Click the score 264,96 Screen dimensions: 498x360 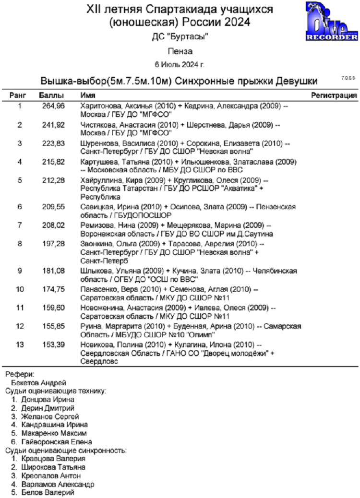(54, 106)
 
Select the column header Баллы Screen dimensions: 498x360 (50, 95)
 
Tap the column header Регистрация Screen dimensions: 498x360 (334, 95)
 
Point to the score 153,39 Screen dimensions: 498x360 (54, 345)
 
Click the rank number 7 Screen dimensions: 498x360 (20, 225)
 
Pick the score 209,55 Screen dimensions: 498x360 (54, 207)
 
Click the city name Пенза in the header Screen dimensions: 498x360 (180, 50)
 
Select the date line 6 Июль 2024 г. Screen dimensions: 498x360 (180, 64)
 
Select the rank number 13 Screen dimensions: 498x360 (20, 345)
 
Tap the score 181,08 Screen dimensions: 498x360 (54, 271)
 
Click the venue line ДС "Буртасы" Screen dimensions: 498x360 (180, 37)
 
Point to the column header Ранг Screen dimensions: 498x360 (20, 95)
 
